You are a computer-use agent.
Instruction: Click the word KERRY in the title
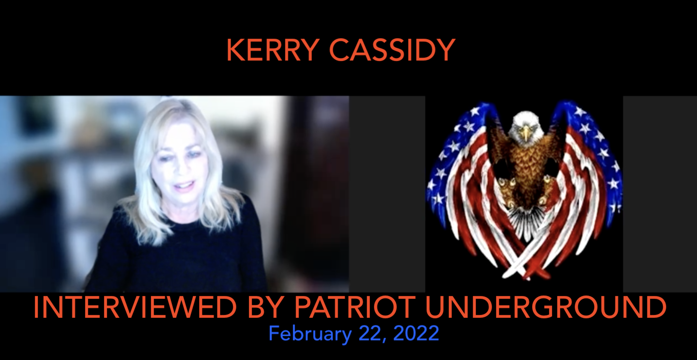tap(273, 50)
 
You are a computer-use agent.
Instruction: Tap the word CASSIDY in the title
tap(393, 50)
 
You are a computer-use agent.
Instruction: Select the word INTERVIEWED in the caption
tap(135, 307)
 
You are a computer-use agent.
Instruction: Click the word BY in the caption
tap(265, 307)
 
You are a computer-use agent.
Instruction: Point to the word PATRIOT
tap(355, 307)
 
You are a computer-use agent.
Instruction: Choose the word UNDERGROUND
tap(546, 307)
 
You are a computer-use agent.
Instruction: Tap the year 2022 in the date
tap(416, 333)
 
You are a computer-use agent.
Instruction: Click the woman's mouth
tap(185, 186)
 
